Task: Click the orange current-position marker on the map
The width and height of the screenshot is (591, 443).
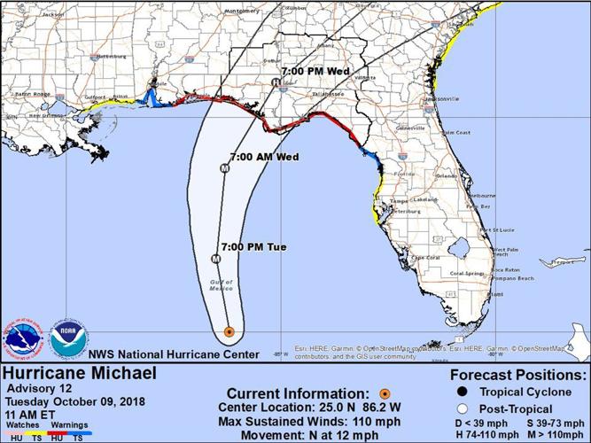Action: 229,332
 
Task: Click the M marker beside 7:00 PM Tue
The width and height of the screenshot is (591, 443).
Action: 215,258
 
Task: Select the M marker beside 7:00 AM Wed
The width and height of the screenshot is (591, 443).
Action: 225,167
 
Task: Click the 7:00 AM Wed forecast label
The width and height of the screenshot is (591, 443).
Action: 264,156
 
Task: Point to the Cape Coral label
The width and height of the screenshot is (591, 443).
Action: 427,258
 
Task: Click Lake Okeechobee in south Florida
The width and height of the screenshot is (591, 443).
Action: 474,250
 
